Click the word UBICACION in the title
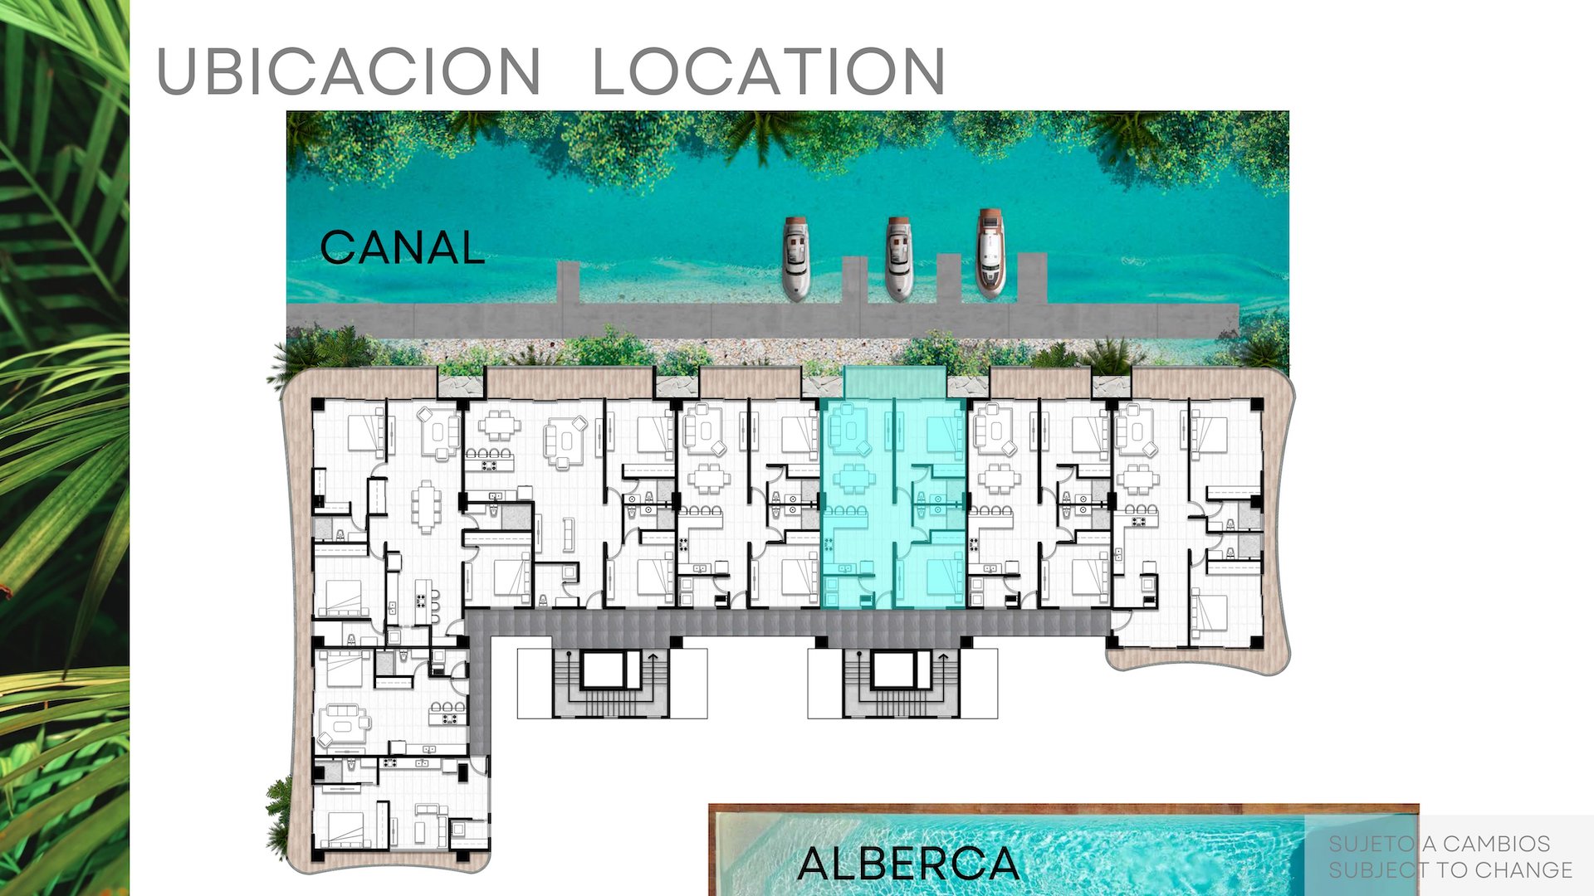point(349,71)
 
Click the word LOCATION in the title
point(769,71)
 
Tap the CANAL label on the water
point(403,247)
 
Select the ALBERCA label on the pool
point(908,864)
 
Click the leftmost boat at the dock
point(796,258)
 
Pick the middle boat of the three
point(898,258)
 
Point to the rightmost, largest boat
point(990,252)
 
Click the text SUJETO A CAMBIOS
point(1439,844)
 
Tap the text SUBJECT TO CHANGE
point(1450,869)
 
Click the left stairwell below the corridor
point(611,682)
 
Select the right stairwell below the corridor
point(902,682)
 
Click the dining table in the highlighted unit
point(853,479)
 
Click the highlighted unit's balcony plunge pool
point(895,382)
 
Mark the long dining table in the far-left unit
point(427,505)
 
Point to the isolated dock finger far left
point(568,282)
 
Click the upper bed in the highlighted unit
point(943,433)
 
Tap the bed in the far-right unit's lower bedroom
point(1210,612)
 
